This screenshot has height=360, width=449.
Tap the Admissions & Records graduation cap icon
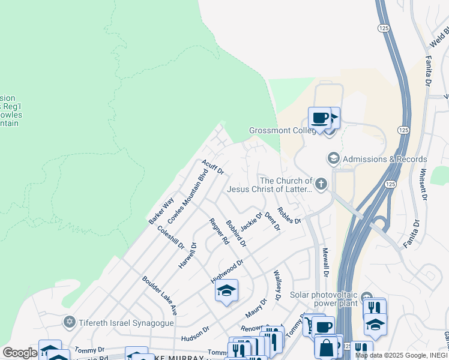click(x=333, y=159)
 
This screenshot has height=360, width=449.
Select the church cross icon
click(x=321, y=184)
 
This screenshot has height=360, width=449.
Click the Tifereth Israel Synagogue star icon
click(x=70, y=323)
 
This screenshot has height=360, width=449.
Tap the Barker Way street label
click(x=161, y=211)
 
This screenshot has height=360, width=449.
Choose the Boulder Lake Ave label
click(x=159, y=296)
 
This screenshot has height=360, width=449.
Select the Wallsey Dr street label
click(x=277, y=285)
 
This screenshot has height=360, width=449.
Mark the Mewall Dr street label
click(x=325, y=262)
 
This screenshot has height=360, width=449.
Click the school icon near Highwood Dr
click(x=226, y=291)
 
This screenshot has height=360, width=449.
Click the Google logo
click(x=20, y=353)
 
